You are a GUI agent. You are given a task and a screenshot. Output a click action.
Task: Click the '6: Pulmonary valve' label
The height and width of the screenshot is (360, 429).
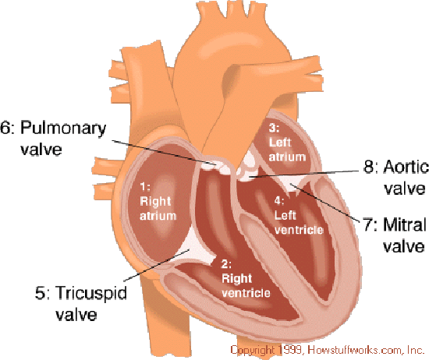[x=53, y=138]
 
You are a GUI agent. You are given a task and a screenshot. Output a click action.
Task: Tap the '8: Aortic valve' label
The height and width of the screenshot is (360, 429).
[x=396, y=178]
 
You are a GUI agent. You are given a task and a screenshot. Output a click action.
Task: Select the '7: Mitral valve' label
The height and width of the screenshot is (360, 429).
[x=395, y=235]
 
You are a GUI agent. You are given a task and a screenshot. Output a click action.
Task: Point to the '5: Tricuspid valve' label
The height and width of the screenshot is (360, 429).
[x=81, y=303]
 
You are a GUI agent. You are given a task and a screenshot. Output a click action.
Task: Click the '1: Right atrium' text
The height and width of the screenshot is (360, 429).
[x=158, y=202]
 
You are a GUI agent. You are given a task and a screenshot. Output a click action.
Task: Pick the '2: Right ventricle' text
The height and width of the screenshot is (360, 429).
[x=246, y=278]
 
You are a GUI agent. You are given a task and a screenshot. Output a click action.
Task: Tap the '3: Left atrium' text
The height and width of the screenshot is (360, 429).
[x=287, y=143]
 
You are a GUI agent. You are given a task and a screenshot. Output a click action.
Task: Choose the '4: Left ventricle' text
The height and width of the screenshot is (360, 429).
[x=299, y=216]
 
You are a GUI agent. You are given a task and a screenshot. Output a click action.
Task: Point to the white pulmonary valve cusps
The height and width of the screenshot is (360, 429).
[x=216, y=167]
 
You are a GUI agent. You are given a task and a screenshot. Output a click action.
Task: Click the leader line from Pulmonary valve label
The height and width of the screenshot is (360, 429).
[x=164, y=153]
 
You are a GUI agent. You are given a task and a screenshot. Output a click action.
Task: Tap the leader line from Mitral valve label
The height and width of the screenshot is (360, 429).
[x=325, y=203]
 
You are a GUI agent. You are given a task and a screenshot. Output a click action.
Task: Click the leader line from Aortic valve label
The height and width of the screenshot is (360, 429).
[x=304, y=174]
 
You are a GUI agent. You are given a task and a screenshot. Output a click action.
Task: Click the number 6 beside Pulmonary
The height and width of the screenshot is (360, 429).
[x=5, y=128]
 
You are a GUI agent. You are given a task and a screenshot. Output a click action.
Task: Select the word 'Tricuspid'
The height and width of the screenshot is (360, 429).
[x=91, y=294]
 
